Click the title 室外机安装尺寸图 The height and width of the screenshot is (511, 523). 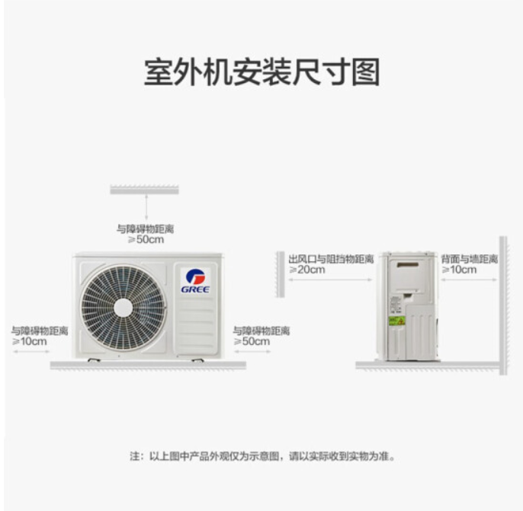pyautogui.click(x=261, y=72)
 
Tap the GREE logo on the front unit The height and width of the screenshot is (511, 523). pyautogui.click(x=195, y=281)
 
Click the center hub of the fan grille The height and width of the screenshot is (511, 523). pyautogui.click(x=123, y=308)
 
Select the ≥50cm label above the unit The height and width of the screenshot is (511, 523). pyautogui.click(x=146, y=240)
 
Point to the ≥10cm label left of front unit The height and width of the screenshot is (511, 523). pyautogui.click(x=29, y=341)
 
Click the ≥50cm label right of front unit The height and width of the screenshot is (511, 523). pyautogui.click(x=252, y=341)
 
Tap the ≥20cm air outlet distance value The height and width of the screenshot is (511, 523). pyautogui.click(x=306, y=270)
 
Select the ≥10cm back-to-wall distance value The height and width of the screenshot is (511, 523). pyautogui.click(x=459, y=270)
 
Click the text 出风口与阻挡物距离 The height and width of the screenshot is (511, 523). pyautogui.click(x=331, y=259)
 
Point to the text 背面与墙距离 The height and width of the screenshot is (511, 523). pyautogui.click(x=470, y=259)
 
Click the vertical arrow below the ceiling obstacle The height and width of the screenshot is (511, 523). pyautogui.click(x=146, y=207)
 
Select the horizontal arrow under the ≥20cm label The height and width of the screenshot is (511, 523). pyautogui.click(x=330, y=279)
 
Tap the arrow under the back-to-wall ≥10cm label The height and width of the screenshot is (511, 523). pyautogui.click(x=470, y=279)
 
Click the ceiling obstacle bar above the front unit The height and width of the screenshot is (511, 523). pyautogui.click(x=144, y=190)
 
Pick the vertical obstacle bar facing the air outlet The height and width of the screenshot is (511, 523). pyautogui.click(x=281, y=274)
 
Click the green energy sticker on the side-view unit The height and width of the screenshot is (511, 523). pyautogui.click(x=397, y=321)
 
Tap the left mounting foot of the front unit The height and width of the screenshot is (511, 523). pyautogui.click(x=94, y=360)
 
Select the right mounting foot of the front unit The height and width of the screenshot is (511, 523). pyautogui.click(x=197, y=360)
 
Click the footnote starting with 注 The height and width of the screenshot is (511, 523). pyautogui.click(x=262, y=456)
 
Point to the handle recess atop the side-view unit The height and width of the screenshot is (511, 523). pyautogui.click(x=408, y=265)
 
